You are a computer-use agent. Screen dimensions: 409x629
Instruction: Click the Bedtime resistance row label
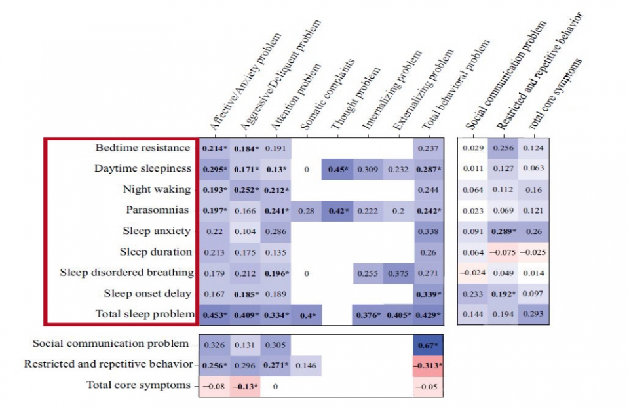(x=143, y=148)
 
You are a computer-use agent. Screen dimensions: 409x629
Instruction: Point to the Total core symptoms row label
(x=138, y=385)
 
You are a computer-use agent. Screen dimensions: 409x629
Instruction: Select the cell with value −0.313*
(x=429, y=364)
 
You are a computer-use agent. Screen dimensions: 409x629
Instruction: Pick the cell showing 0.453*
(x=214, y=315)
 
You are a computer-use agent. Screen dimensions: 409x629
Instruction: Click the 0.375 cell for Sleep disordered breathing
(x=398, y=273)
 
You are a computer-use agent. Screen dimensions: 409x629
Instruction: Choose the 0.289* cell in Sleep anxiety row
(x=504, y=231)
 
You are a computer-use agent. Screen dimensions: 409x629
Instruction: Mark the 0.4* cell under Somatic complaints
(x=306, y=315)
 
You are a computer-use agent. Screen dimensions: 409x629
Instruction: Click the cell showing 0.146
(x=306, y=364)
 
